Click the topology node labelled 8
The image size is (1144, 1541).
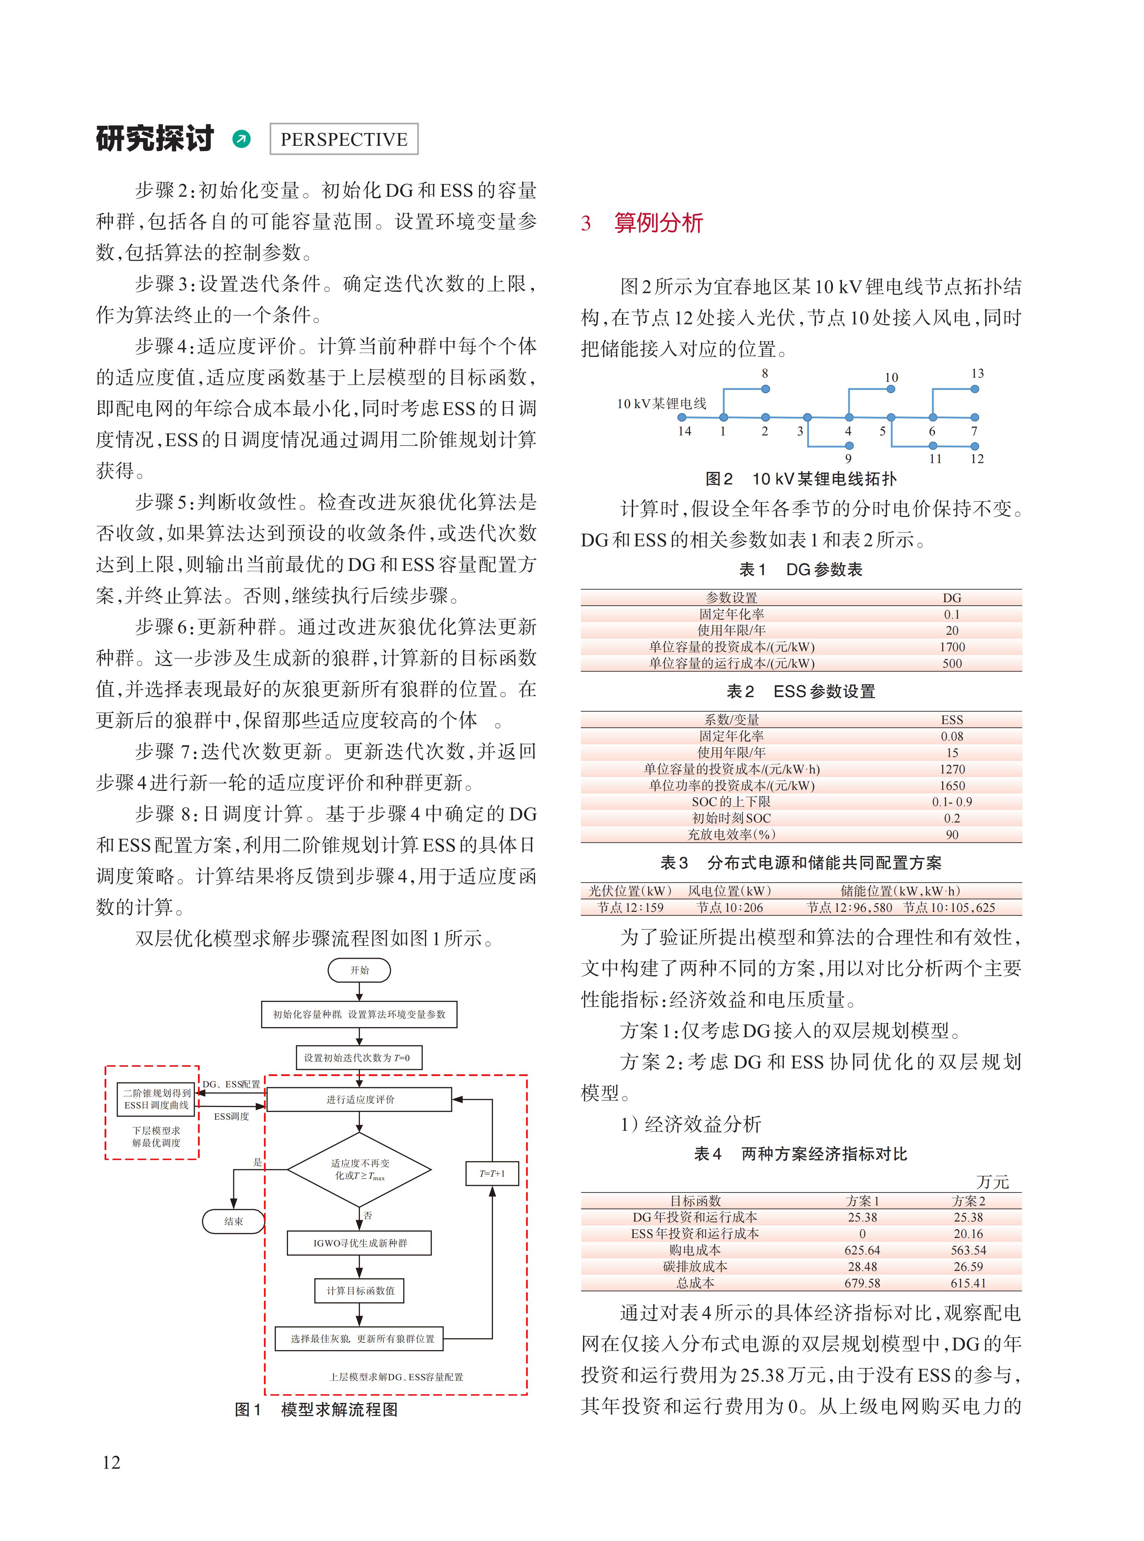pyautogui.click(x=765, y=389)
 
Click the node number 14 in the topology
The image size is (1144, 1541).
pyautogui.click(x=684, y=431)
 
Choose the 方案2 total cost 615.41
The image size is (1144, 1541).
pyautogui.click(x=968, y=1283)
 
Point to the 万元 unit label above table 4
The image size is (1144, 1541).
pyautogui.click(x=992, y=1182)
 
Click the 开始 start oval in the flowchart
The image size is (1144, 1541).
pyautogui.click(x=359, y=970)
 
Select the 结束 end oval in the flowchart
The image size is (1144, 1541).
pyautogui.click(x=233, y=1221)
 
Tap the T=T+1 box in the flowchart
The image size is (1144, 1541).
pyautogui.click(x=492, y=1174)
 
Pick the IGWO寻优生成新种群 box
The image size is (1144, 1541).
pyautogui.click(x=359, y=1243)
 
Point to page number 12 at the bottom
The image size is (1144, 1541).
pyautogui.click(x=111, y=1462)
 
